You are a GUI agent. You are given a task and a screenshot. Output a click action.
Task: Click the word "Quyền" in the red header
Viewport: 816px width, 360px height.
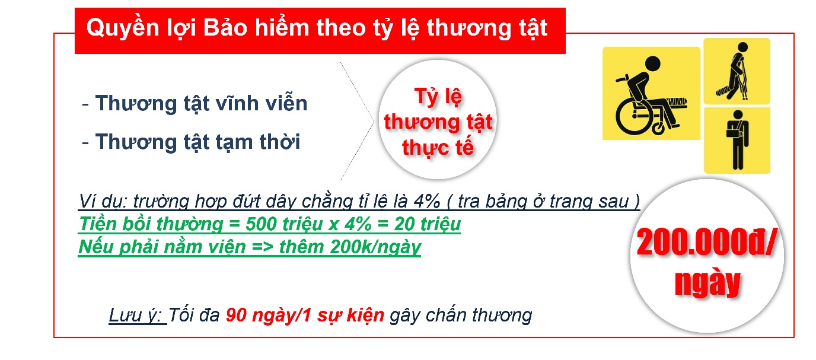[123, 28]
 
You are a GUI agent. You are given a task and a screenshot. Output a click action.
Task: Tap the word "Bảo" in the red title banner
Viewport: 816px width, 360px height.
[225, 27]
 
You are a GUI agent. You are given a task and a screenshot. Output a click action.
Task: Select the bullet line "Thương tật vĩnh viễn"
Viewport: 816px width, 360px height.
[202, 103]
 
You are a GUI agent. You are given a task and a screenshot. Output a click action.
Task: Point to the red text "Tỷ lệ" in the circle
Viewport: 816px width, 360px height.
[438, 97]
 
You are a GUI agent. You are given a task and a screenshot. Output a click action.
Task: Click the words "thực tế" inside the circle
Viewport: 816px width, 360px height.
[438, 147]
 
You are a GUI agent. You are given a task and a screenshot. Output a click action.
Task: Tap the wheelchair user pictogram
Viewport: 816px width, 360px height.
[651, 93]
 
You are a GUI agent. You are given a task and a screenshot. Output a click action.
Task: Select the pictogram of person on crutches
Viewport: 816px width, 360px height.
[737, 71]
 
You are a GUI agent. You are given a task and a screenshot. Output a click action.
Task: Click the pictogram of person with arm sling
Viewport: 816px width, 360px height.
[737, 141]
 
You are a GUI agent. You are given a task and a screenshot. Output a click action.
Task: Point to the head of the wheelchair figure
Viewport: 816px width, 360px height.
[653, 64]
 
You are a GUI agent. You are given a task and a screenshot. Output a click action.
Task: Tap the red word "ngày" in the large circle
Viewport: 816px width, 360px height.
[707, 283]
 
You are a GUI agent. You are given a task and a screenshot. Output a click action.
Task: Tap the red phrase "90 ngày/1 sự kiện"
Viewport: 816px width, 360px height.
[305, 315]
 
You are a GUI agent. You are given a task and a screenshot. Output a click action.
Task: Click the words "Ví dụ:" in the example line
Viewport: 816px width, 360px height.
[103, 201]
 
